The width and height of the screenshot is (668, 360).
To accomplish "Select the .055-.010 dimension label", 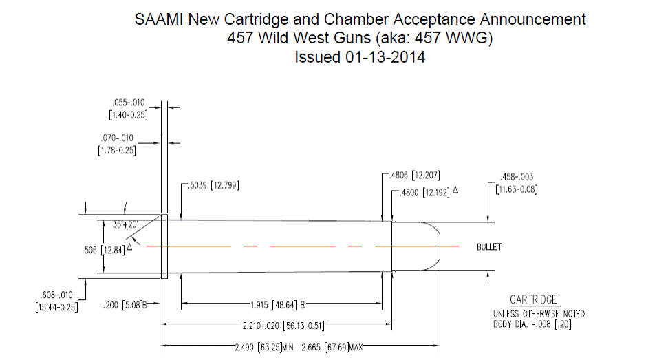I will [128, 103].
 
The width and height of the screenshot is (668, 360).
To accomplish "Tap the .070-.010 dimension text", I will [128, 138].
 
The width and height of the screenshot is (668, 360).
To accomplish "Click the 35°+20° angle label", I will [127, 224].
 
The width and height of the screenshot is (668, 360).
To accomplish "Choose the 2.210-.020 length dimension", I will [281, 324].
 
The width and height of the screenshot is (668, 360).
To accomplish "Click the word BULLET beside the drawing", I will [489, 246].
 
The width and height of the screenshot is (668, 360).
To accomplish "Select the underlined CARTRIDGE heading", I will [534, 299].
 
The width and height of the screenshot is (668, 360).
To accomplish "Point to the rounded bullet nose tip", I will [440, 246].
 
